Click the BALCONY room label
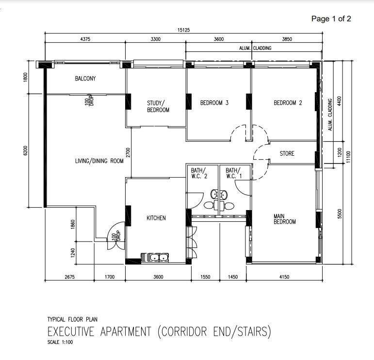point(85,79)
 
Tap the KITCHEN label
point(156,218)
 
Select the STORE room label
point(287,153)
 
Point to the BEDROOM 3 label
point(214,103)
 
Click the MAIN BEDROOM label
point(285,219)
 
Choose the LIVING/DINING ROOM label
point(99,161)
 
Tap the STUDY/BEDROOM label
point(158,106)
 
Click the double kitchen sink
point(155,258)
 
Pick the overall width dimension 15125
point(184,30)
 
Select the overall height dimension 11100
point(348,157)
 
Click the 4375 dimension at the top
point(85,39)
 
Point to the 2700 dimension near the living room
point(128,152)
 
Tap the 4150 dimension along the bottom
point(284,277)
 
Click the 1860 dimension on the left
point(73,224)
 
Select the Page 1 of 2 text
point(331,18)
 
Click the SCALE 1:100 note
point(60,342)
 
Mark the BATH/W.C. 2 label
point(199,173)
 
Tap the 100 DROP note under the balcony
point(90,101)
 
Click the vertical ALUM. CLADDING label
point(330,115)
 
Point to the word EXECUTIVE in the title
point(71,331)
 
